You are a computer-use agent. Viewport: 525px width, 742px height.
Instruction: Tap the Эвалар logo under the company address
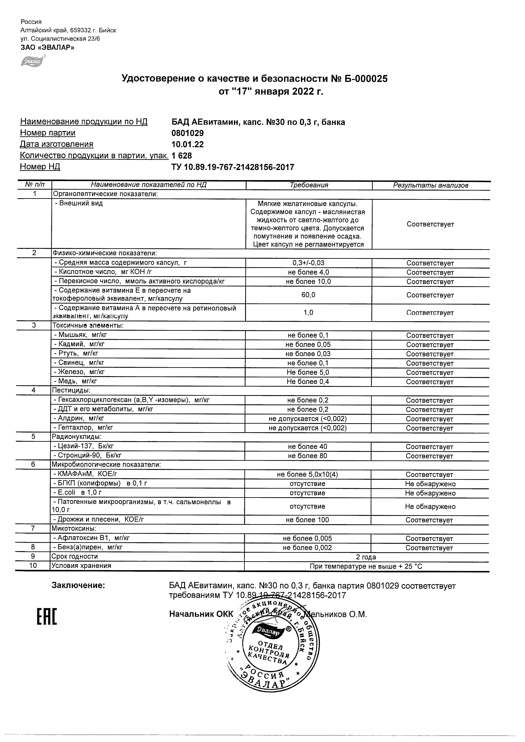click(33, 61)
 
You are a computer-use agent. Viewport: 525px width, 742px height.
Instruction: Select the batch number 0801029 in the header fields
click(188, 133)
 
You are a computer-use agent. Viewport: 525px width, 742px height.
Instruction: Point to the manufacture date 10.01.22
click(188, 145)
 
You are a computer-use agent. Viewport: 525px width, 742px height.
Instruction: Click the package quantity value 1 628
click(182, 156)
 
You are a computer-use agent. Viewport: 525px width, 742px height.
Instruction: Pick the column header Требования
click(309, 185)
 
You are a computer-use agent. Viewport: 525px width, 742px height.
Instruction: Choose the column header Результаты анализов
click(430, 185)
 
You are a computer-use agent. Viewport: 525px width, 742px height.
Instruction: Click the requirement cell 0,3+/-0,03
click(309, 263)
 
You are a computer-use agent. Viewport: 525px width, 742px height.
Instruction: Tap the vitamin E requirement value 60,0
click(309, 295)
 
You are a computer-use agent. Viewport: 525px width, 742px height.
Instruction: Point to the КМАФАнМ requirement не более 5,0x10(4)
click(307, 474)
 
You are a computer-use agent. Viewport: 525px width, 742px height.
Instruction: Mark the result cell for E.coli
click(430, 493)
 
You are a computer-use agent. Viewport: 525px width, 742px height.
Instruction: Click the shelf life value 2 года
click(366, 557)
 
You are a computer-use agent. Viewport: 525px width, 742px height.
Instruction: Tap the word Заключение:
click(78, 585)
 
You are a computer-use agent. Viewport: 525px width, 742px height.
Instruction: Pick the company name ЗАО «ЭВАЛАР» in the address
click(47, 48)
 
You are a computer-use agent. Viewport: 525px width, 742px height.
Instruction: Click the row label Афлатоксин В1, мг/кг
click(92, 538)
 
